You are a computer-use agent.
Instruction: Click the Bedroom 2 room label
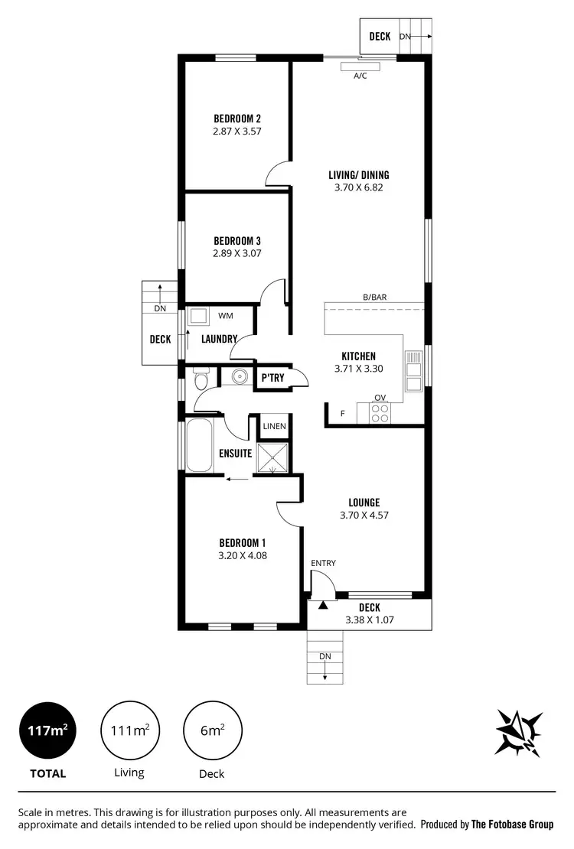[236, 119]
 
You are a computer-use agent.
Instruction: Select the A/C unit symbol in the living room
[360, 66]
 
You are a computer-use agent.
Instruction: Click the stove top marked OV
[380, 412]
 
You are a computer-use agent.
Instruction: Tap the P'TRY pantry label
[273, 378]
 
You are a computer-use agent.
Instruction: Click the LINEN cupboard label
[274, 426]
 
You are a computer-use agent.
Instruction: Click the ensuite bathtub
[199, 445]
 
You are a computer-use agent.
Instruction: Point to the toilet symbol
[201, 379]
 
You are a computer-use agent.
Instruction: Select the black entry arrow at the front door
[323, 605]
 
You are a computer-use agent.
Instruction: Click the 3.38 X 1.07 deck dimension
[369, 620]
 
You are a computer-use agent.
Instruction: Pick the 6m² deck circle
[212, 731]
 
